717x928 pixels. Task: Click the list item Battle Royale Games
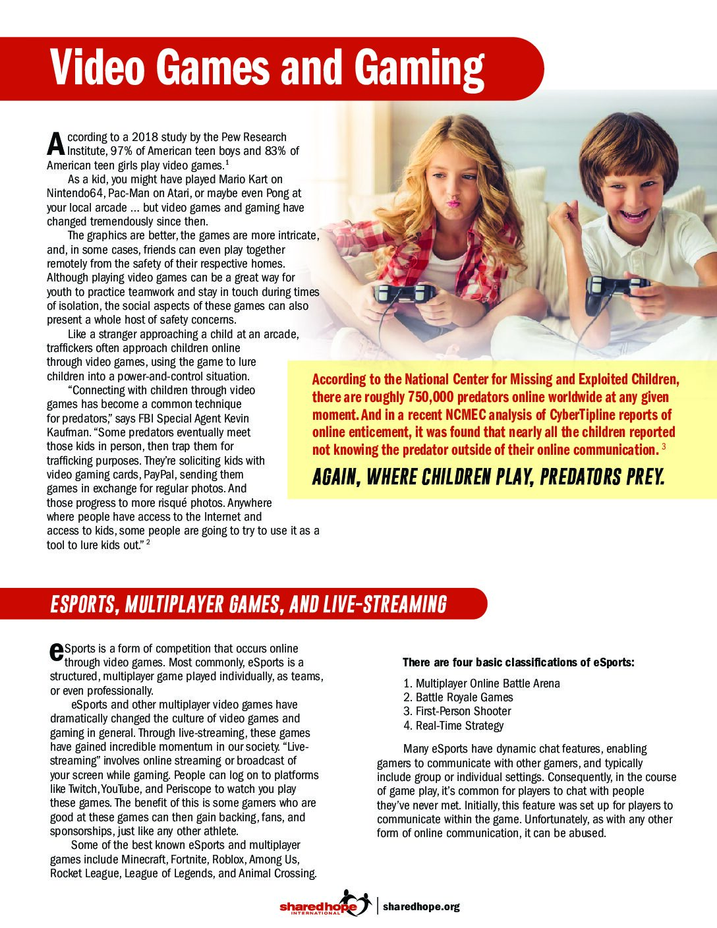pyautogui.click(x=464, y=697)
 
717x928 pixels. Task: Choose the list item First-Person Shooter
pyautogui.click(x=463, y=711)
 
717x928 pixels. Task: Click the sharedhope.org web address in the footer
pyautogui.click(x=421, y=907)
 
